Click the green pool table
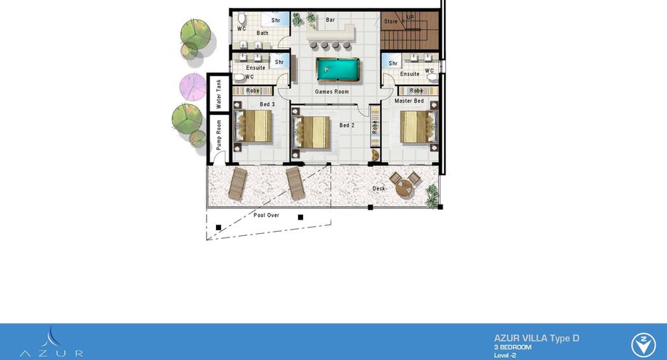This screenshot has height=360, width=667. (338, 70)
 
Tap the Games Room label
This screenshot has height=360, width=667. (332, 91)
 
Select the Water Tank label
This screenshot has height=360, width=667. (219, 94)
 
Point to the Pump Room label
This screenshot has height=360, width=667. (219, 135)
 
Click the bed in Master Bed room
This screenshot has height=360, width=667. (418, 127)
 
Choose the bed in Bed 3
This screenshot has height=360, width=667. (253, 125)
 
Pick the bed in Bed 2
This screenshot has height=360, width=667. (311, 133)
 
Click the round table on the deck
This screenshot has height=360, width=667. (405, 188)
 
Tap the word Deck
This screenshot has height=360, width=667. (378, 188)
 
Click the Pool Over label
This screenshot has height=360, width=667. (267, 215)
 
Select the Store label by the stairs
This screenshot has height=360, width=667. (391, 21)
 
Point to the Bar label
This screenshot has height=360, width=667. (331, 19)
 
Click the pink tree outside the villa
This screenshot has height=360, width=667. (192, 86)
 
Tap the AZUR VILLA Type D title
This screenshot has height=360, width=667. (537, 339)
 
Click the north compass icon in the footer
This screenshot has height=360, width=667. (643, 345)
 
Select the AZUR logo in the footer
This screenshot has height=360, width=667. (51, 343)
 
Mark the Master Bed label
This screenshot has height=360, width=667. (409, 101)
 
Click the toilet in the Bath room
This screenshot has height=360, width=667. (242, 19)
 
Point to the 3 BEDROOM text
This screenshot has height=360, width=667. (512, 347)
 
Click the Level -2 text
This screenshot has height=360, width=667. (505, 355)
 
